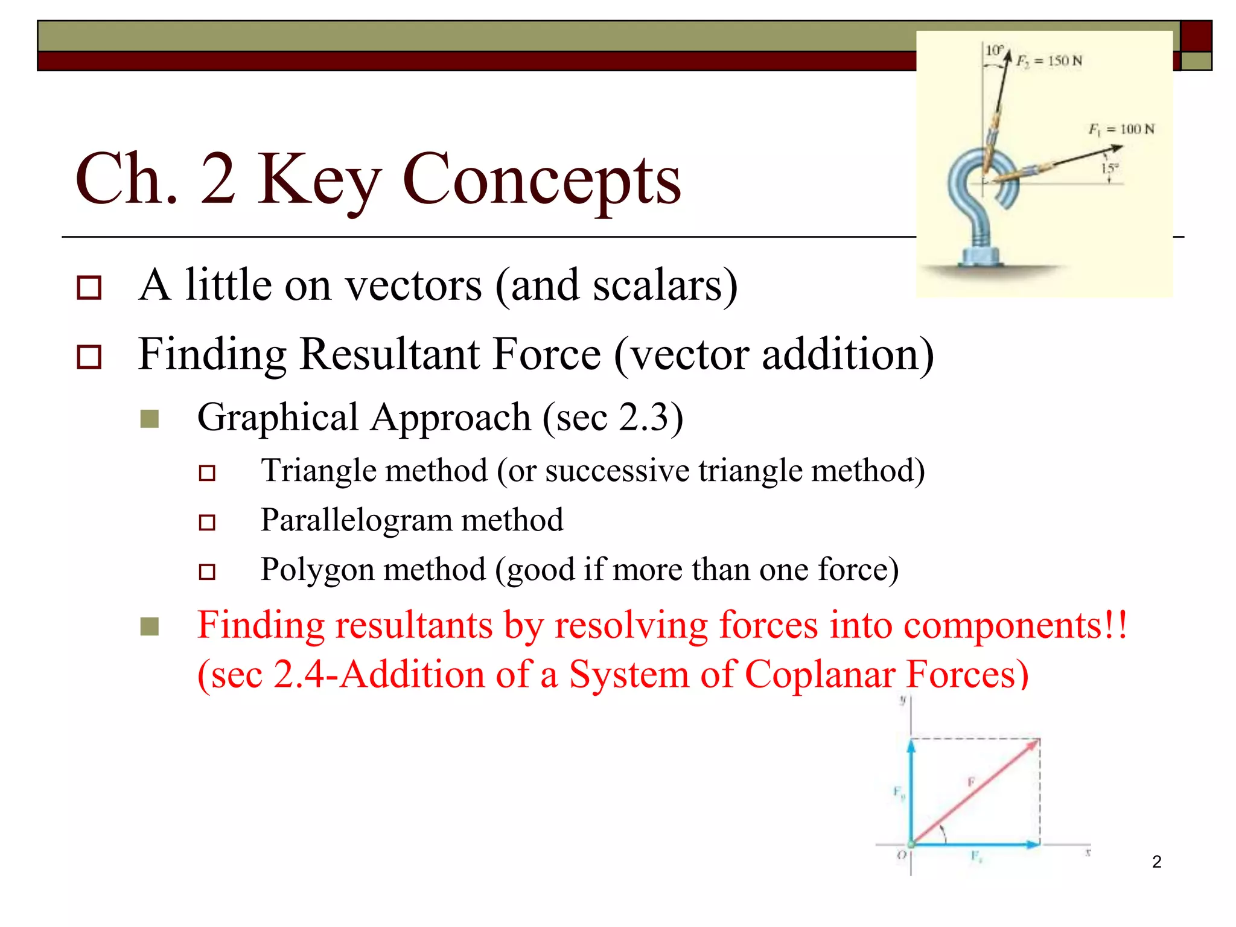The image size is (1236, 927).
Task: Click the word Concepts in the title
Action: pos(541,180)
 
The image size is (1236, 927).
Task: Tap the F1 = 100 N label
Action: pos(1121,129)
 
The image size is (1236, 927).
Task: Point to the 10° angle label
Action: pos(993,50)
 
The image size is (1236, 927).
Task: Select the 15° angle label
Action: pos(1109,168)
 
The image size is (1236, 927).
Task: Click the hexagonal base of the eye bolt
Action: pos(981,256)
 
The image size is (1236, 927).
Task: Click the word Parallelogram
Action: pos(356,520)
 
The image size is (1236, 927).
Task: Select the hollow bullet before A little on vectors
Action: pos(89,287)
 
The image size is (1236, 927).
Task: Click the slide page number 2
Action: pos(1156,862)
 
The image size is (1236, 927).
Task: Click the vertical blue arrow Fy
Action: pos(911,791)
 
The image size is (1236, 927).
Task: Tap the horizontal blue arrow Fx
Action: pos(975,844)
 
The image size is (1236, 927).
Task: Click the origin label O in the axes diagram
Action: pos(901,855)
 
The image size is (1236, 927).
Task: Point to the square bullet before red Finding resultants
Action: pos(150,626)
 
